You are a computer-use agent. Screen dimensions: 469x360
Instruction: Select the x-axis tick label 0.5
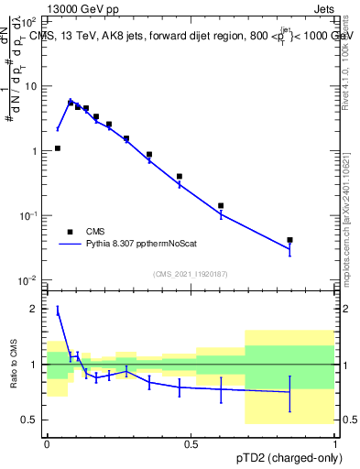click(x=191, y=444)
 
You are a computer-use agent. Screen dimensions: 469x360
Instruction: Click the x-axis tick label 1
click(x=335, y=444)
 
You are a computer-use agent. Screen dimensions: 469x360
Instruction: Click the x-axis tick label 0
click(x=47, y=444)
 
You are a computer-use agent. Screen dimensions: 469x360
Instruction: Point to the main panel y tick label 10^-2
click(x=29, y=280)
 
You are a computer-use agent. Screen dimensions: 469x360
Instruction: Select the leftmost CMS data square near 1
click(x=58, y=147)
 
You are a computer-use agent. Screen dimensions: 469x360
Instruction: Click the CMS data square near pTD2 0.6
click(x=221, y=205)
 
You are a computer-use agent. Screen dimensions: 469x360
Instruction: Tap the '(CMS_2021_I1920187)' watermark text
click(x=191, y=274)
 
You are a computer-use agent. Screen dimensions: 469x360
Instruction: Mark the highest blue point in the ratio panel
click(x=58, y=311)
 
